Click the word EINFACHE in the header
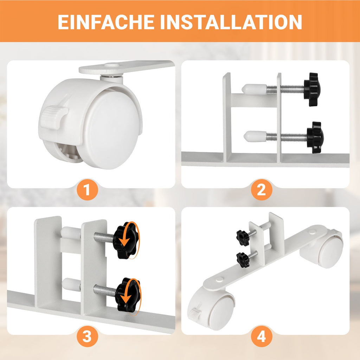pos(106,22)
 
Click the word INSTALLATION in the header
pos(231,22)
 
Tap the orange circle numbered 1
pos(87,190)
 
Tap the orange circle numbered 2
pos(262,190)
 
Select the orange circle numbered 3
pos(87,337)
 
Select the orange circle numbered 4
pos(262,337)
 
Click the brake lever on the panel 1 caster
pos(54,115)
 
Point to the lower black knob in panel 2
pos(315,137)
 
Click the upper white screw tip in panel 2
pos(254,90)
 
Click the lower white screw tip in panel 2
pos(255,136)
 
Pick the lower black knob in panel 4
pos(243,260)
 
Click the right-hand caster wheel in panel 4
pos(324,250)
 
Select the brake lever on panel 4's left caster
pos(195,311)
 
